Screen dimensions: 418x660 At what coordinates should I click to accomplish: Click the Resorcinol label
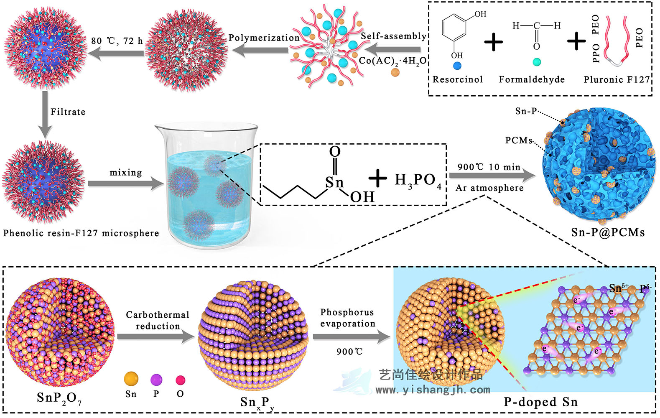(x=457, y=79)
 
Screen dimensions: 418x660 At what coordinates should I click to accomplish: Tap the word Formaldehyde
(x=532, y=79)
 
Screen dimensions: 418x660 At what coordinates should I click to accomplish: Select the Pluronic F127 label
(x=617, y=79)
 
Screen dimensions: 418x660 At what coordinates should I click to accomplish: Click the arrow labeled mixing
(x=125, y=184)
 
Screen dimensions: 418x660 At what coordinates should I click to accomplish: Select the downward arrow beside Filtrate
(x=45, y=115)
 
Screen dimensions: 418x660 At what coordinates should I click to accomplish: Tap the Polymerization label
(x=264, y=38)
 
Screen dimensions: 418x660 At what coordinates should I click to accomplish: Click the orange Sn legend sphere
(x=131, y=379)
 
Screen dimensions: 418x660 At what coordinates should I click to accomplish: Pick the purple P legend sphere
(x=156, y=380)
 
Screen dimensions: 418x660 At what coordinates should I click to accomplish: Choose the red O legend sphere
(x=180, y=380)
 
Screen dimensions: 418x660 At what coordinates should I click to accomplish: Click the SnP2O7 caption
(x=59, y=398)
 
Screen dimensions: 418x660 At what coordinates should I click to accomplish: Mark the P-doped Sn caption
(x=540, y=402)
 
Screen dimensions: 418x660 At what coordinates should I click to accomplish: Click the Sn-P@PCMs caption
(x=608, y=232)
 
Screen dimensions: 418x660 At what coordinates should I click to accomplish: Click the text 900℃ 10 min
(x=489, y=167)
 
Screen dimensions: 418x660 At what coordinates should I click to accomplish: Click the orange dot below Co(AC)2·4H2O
(x=395, y=72)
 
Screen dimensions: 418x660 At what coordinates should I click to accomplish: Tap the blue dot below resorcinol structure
(x=457, y=66)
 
